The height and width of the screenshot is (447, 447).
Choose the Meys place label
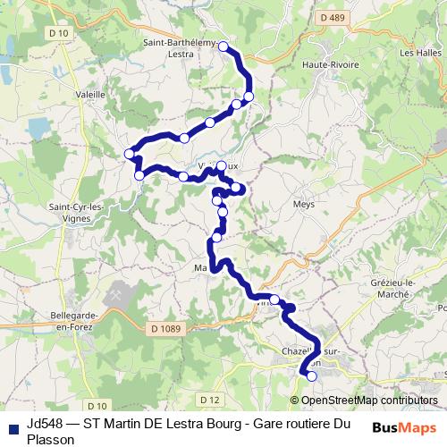(x=303, y=204)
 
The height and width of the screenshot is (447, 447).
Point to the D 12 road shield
(x=210, y=399)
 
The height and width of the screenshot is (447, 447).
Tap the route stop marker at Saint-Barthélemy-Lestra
(x=223, y=46)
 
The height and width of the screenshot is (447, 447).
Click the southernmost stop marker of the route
(x=312, y=376)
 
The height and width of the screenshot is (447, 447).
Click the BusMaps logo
(x=406, y=427)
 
